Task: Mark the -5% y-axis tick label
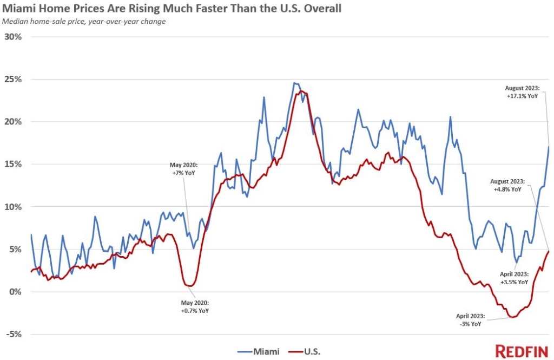coord(14,334)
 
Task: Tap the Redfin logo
coord(522,350)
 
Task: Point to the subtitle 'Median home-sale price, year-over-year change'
coord(84,22)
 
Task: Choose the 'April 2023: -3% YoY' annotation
coord(469,319)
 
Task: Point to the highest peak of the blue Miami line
coord(294,83)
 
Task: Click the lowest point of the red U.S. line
coord(511,317)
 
